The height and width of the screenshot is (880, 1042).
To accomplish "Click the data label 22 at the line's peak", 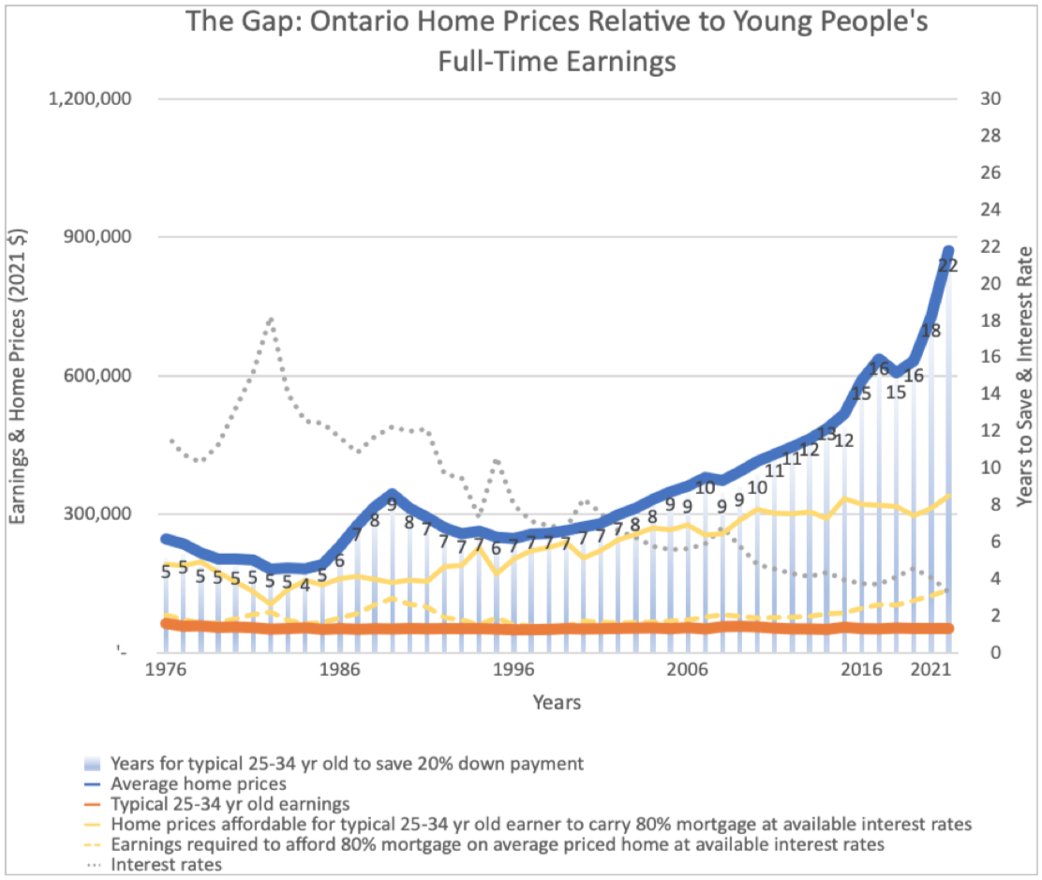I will (947, 266).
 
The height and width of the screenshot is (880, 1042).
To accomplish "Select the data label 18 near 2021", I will (930, 331).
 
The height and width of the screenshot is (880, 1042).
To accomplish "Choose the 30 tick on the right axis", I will (991, 99).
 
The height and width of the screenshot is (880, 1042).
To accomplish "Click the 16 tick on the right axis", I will (991, 357).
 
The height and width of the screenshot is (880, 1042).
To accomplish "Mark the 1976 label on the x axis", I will (165, 672).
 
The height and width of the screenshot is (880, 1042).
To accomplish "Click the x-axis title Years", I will (557, 702).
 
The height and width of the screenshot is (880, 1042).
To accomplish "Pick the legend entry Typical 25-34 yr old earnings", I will (230, 804).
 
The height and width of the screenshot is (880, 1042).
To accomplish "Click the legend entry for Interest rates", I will (167, 865).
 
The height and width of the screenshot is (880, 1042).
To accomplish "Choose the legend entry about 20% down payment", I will (347, 763).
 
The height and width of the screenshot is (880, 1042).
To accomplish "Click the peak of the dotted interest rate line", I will (270, 320).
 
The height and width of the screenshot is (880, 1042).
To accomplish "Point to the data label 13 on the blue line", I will (826, 433).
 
